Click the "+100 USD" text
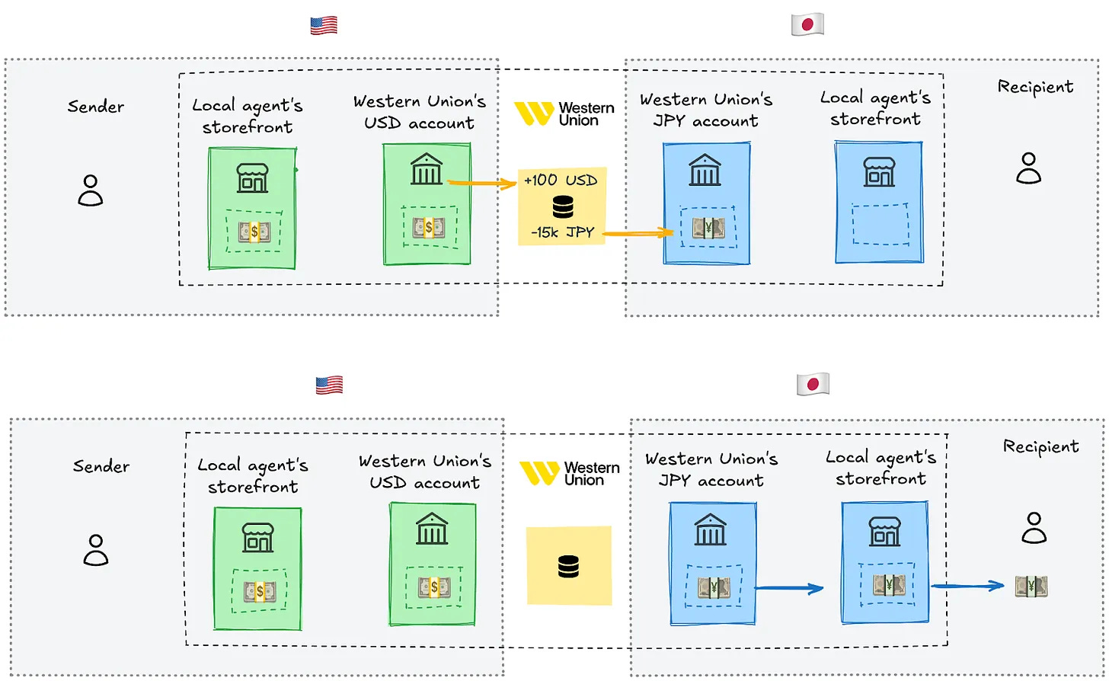pos(561,180)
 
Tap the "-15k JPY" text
pos(562,232)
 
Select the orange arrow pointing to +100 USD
pos(481,184)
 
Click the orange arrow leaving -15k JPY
pos(638,233)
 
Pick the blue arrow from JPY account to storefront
pos(788,588)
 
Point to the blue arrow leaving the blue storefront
pos(967,586)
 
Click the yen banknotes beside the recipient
pos(1031,587)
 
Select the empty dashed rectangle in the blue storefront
pos(880,224)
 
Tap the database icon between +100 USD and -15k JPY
pos(563,206)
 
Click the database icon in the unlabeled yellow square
pos(568,567)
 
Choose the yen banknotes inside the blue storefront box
pos(889,585)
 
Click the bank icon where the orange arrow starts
pos(427,169)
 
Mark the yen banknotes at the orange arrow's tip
pos(708,229)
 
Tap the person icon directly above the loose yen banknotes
pos(1034,528)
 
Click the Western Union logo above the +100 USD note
pos(564,113)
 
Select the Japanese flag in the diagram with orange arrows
pos(807,24)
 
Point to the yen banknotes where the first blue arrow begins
pos(714,588)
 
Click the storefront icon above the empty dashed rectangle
pos(879,172)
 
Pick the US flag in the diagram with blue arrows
pos(329,385)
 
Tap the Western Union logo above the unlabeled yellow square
pos(570,473)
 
